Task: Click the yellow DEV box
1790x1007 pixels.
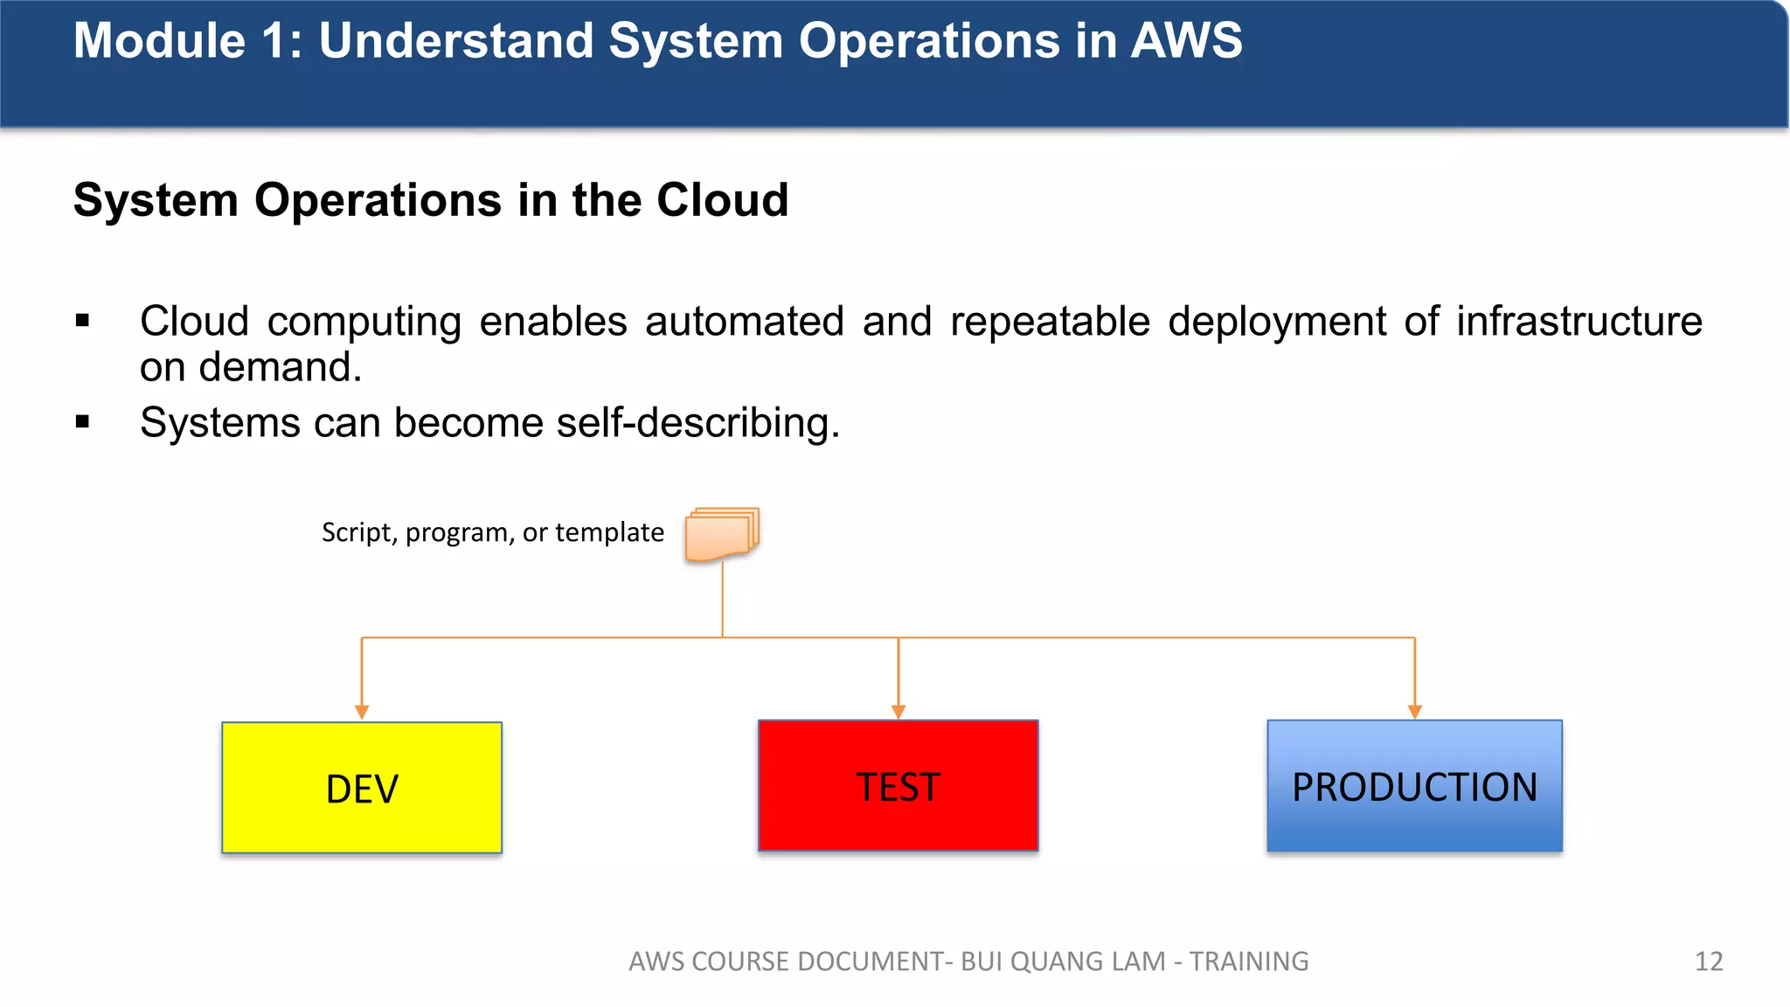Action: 362,788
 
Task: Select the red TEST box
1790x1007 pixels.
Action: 898,785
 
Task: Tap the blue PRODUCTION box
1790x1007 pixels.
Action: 1414,785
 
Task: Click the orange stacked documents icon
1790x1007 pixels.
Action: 722,534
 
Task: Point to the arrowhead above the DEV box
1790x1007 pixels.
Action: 362,712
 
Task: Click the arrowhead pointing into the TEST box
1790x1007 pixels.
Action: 898,712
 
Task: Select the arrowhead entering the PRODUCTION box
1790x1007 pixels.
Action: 1415,712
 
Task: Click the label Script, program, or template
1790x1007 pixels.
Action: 492,532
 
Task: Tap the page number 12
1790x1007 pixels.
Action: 1709,962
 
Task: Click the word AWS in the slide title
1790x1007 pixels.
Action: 1186,41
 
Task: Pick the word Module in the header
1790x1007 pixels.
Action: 159,41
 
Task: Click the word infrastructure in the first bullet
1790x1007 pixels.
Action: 1578,322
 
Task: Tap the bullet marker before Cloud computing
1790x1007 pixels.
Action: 83,321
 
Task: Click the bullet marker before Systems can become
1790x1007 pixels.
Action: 83,422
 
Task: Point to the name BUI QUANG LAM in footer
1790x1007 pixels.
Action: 1063,962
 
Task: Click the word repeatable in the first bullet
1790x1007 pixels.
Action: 1050,322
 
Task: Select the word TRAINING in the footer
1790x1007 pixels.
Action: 1249,962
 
